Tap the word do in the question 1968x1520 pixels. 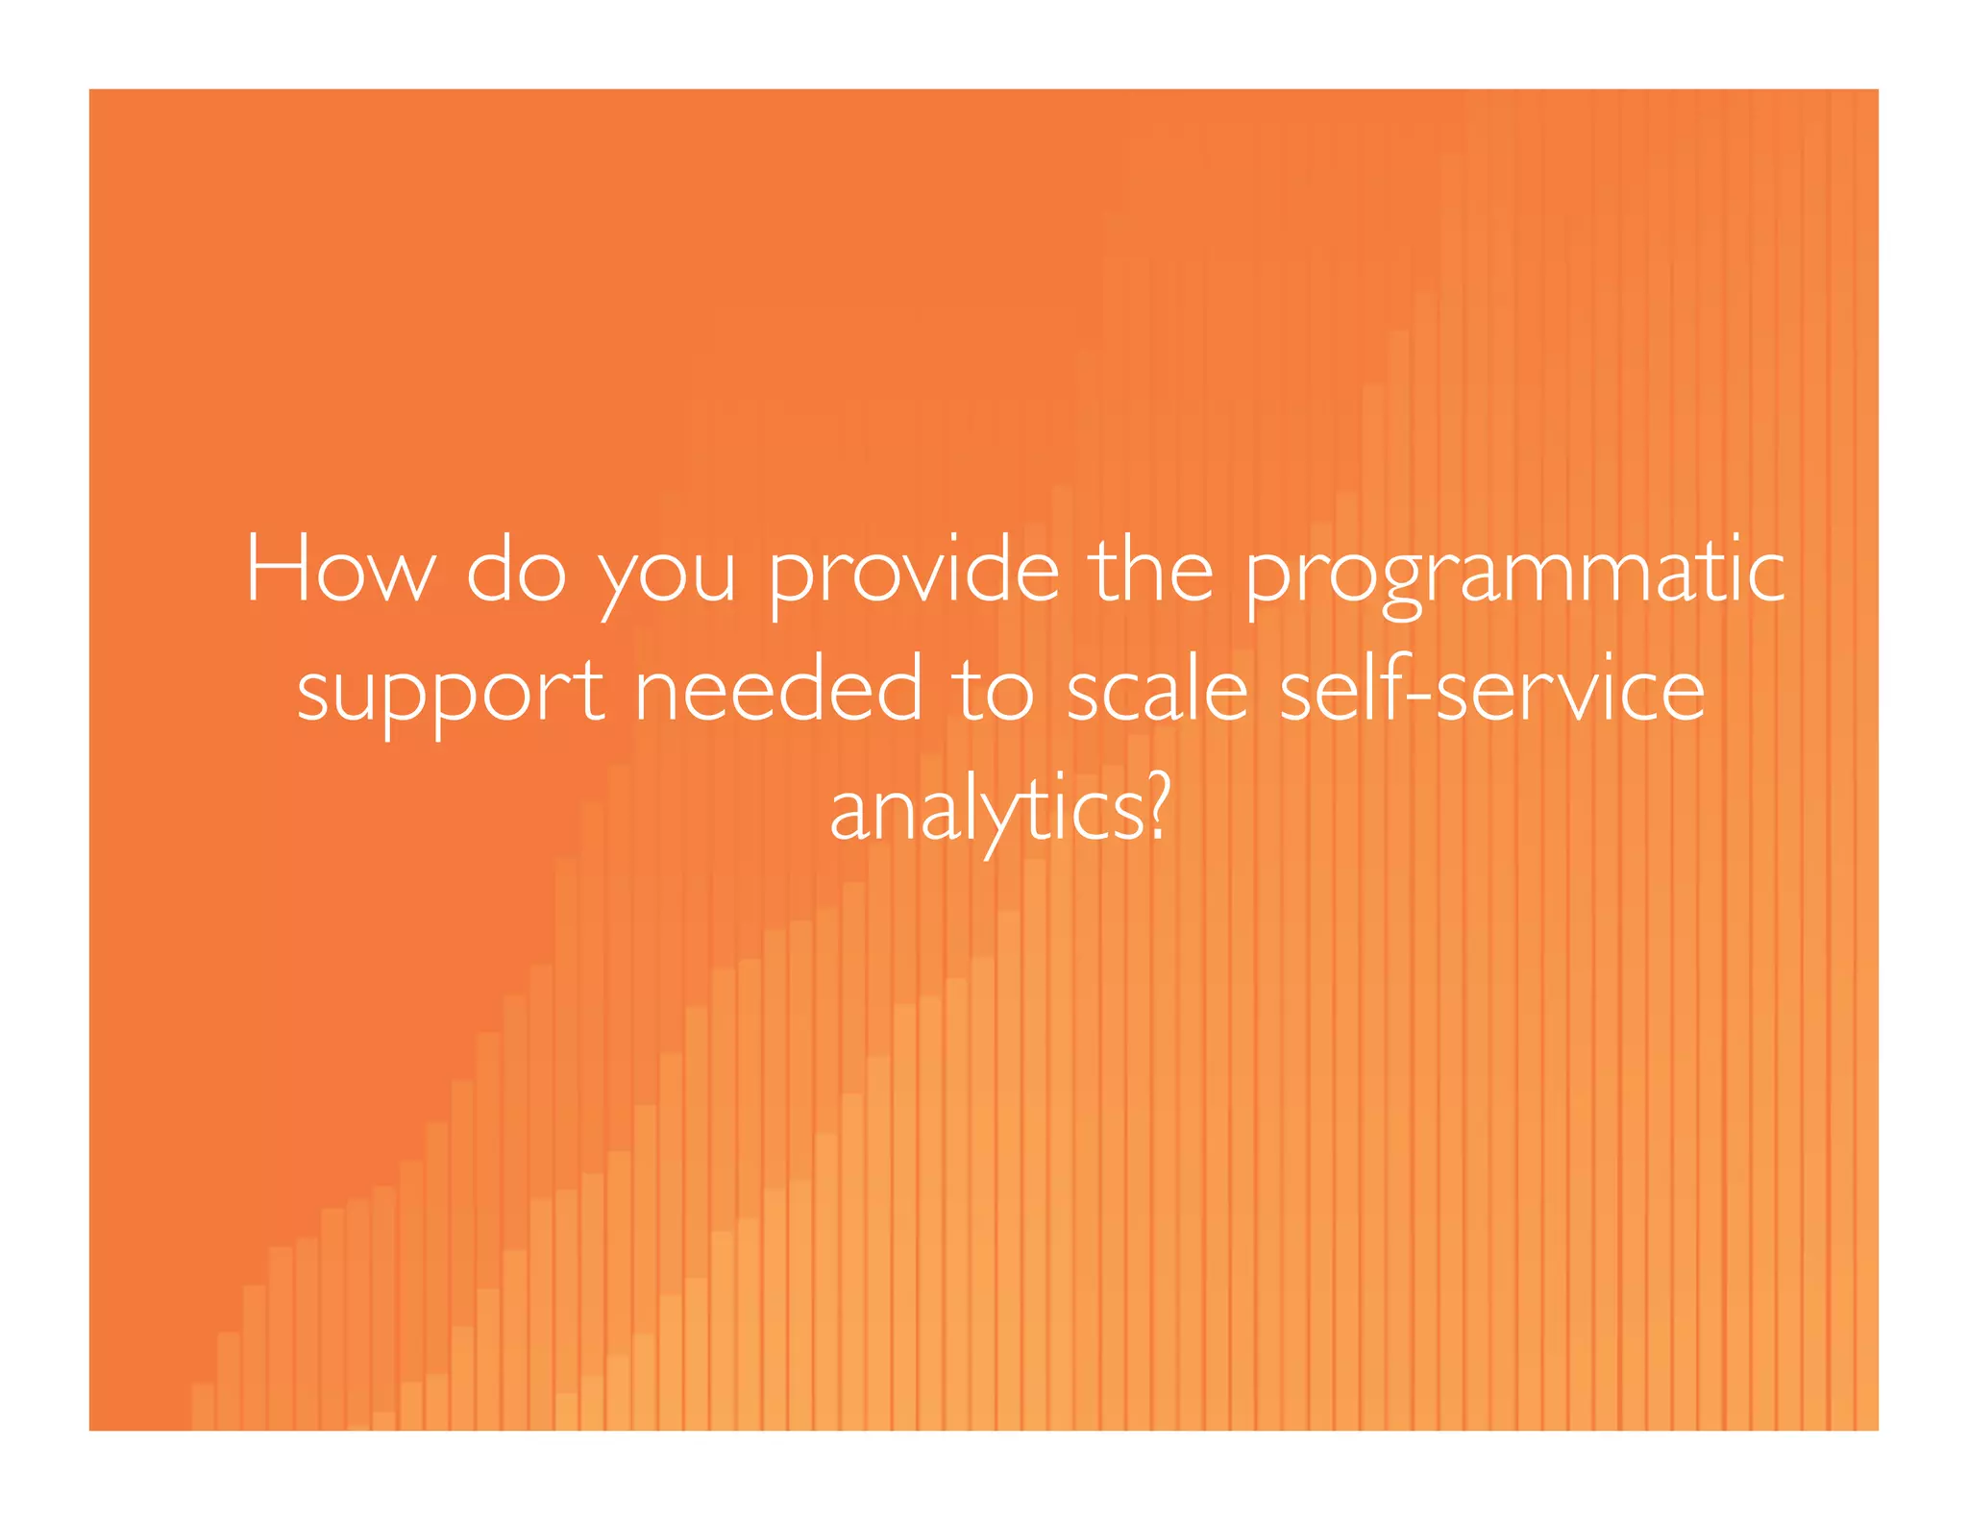click(515, 570)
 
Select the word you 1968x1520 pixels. click(666, 576)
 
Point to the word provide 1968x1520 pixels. click(914, 574)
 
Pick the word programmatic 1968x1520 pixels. click(1515, 574)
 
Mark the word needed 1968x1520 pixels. click(778, 689)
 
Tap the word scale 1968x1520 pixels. click(1157, 689)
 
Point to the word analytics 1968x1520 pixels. click(987, 812)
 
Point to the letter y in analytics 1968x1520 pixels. click(994, 821)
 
